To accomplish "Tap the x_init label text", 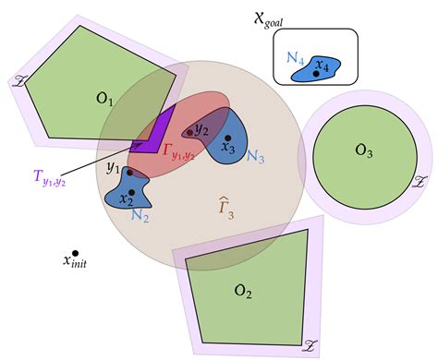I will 80,262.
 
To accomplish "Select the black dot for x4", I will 317,73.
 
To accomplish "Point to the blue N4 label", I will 296,57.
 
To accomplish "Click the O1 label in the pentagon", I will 103,98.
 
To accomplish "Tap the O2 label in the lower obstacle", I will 242,292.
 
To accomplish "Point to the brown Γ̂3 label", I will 225,208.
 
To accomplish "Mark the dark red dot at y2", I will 190,133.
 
